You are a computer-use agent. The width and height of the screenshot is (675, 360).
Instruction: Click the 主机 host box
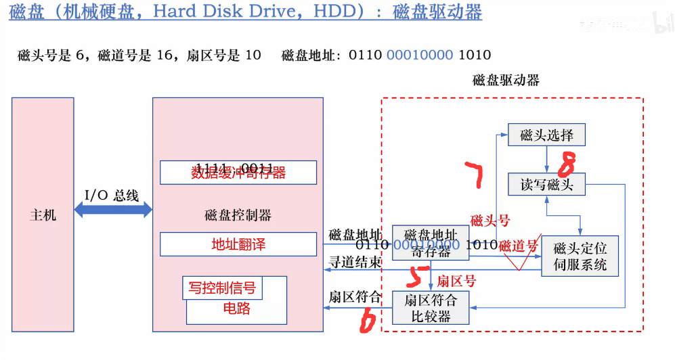(43, 215)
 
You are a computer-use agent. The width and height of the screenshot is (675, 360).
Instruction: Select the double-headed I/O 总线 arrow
(113, 210)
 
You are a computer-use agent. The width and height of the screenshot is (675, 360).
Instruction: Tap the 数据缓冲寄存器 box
(238, 173)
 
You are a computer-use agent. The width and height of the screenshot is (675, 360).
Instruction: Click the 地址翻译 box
(238, 244)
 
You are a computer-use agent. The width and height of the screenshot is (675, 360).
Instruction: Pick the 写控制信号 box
(222, 288)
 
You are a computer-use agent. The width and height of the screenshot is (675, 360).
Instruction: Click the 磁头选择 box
(546, 135)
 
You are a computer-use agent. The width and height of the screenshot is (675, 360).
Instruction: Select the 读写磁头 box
(546, 184)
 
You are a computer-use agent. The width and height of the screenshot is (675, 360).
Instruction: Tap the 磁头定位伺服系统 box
(580, 256)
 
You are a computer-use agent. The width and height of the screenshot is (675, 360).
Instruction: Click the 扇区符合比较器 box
(431, 308)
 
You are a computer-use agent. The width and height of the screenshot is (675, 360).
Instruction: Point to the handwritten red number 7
(476, 175)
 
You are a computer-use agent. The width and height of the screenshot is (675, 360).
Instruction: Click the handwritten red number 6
(368, 321)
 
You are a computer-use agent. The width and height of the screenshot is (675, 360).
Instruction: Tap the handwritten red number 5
(418, 276)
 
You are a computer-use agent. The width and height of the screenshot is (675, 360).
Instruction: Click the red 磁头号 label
(490, 220)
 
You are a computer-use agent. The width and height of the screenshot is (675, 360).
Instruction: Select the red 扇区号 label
(456, 280)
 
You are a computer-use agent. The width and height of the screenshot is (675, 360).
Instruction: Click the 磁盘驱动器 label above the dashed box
(506, 80)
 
